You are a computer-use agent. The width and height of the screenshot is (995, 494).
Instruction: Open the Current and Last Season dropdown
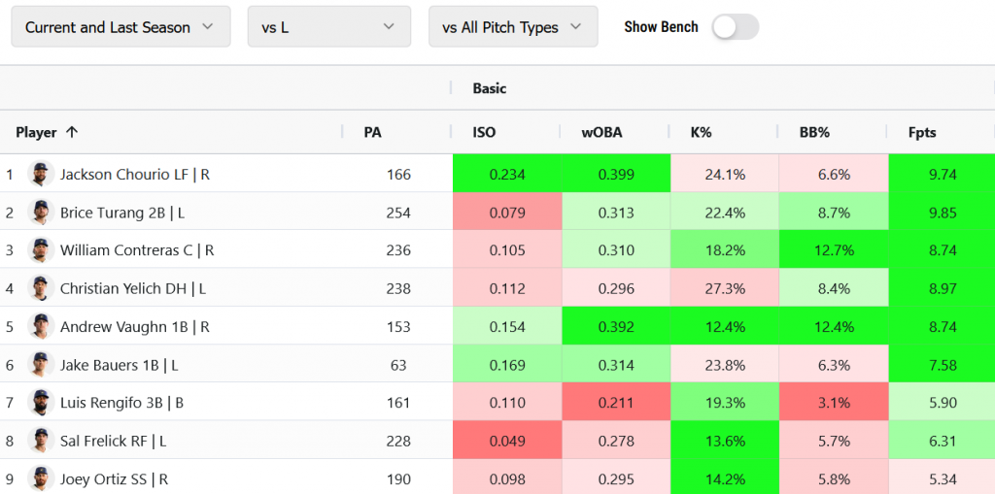pyautogui.click(x=120, y=26)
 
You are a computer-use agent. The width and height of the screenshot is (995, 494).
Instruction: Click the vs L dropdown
pyautogui.click(x=329, y=26)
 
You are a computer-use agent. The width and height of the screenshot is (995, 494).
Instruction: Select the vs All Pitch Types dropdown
pyautogui.click(x=513, y=26)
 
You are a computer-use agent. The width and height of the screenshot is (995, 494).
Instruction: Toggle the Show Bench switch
pyautogui.click(x=736, y=27)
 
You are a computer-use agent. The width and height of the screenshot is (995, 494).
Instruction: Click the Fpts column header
pyautogui.click(x=922, y=133)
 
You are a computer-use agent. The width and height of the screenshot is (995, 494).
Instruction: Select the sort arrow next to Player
pyautogui.click(x=72, y=132)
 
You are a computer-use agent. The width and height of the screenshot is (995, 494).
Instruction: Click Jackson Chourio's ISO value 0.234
pyautogui.click(x=507, y=175)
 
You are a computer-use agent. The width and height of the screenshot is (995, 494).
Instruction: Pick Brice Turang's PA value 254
pyautogui.click(x=398, y=213)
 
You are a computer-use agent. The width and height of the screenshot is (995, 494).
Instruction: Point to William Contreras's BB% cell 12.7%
pyautogui.click(x=834, y=250)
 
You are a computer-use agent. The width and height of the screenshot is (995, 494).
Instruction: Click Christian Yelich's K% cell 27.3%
pyautogui.click(x=725, y=288)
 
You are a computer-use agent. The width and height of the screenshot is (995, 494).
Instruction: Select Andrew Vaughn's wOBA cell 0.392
pyautogui.click(x=616, y=327)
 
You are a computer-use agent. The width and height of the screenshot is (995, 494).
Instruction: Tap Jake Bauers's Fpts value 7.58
pyautogui.click(x=943, y=365)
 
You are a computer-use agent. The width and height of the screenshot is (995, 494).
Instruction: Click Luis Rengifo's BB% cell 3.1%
pyautogui.click(x=834, y=403)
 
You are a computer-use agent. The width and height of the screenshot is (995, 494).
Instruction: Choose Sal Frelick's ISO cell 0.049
pyautogui.click(x=507, y=441)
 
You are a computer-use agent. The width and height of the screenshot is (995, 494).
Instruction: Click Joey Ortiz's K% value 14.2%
pyautogui.click(x=725, y=478)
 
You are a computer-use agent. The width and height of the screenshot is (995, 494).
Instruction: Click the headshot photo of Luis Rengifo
pyautogui.click(x=41, y=402)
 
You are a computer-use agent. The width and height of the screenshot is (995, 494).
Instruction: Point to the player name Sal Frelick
pyautogui.click(x=94, y=441)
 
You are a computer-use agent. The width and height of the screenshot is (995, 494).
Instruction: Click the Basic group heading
pyautogui.click(x=490, y=88)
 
